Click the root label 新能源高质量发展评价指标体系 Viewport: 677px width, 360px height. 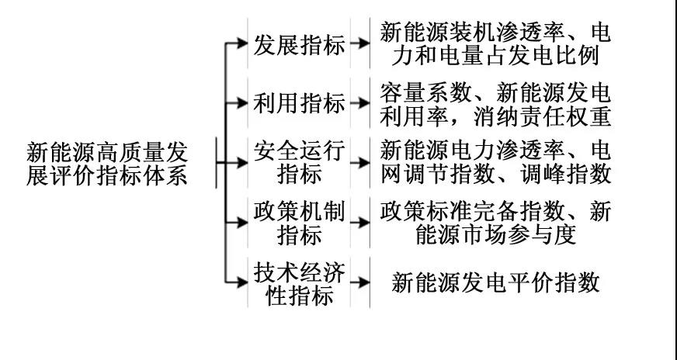tap(107, 164)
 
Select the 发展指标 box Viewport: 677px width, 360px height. tap(299, 43)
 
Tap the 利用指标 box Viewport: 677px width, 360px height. tap(299, 103)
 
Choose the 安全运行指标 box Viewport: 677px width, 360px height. tap(299, 163)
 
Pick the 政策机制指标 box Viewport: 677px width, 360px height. tap(299, 223)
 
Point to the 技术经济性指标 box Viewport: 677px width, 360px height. tap(299, 282)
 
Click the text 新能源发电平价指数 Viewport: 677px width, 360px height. tap(495, 282)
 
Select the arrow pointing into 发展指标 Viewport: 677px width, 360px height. tap(236, 43)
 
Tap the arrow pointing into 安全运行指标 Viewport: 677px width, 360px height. tap(232, 163)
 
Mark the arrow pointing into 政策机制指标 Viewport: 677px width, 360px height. tap(236, 223)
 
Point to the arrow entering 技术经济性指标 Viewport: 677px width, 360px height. tap(236, 282)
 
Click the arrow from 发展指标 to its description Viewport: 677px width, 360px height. tap(360, 43)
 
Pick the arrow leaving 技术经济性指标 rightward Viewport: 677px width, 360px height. tap(360, 282)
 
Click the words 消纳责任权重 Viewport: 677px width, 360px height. tap(542, 116)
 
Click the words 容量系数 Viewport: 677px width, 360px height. tap(425, 92)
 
